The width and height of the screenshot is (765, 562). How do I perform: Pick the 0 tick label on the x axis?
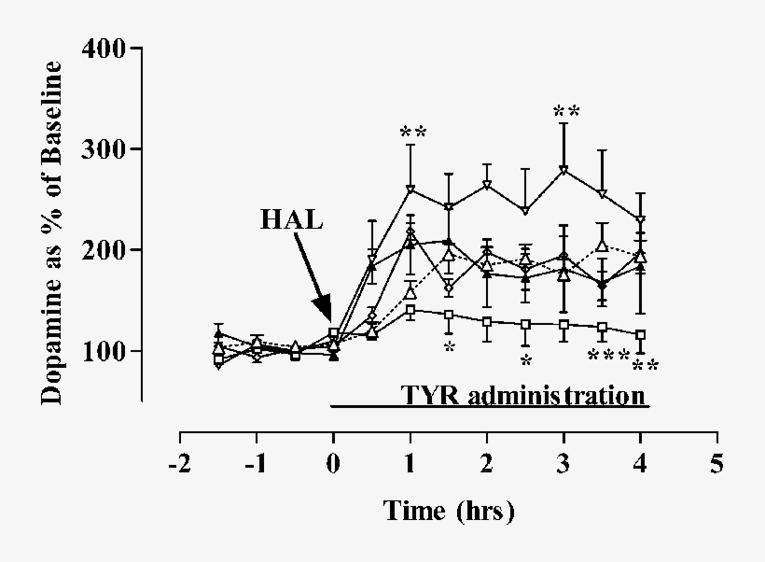(333, 465)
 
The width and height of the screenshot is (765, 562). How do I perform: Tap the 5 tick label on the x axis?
(717, 465)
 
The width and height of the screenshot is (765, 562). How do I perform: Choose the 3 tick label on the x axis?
(563, 465)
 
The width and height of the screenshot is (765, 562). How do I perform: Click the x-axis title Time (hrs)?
(449, 511)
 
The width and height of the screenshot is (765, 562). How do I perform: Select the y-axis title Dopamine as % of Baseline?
(52, 232)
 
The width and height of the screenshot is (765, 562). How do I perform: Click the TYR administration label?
(523, 394)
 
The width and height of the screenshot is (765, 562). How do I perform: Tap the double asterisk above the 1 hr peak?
(412, 133)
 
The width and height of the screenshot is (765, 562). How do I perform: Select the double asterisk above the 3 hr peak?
(565, 112)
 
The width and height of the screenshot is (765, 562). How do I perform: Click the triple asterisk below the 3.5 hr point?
(608, 356)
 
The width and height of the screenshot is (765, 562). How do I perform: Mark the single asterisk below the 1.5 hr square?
(449, 347)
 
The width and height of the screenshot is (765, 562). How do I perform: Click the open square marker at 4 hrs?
(641, 335)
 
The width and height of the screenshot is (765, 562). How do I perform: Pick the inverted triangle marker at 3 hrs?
(563, 170)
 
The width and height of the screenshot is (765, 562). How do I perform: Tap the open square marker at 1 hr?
(410, 310)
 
